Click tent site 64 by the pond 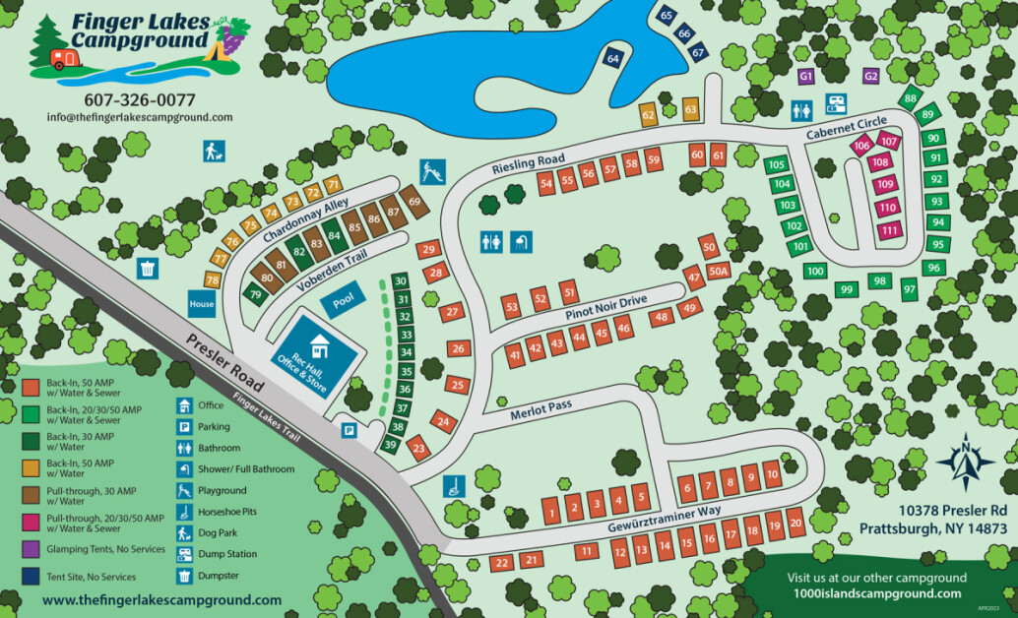[x=613, y=59]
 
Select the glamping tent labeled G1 [x=806, y=76]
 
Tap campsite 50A [x=718, y=272]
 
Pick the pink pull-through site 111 [x=890, y=230]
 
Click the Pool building [x=342, y=301]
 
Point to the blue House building [x=202, y=304]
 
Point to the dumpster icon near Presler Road [x=148, y=268]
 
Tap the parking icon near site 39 [x=349, y=429]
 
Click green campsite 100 [x=814, y=271]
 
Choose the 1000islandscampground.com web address [x=876, y=593]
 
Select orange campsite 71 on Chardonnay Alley [x=333, y=184]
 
